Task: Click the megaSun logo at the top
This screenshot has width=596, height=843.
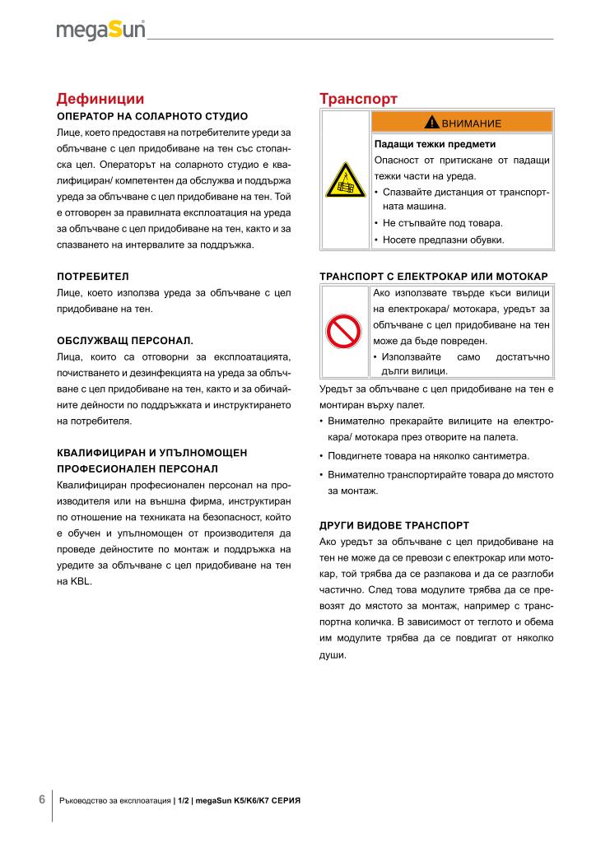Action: point(100,30)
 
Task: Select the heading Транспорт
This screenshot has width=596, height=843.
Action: point(358,99)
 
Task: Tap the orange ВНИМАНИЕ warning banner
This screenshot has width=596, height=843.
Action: point(461,122)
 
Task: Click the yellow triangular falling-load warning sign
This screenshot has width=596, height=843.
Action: point(345,180)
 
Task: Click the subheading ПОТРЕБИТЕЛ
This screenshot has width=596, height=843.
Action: point(93,275)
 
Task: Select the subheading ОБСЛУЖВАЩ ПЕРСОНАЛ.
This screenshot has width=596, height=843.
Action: point(124,340)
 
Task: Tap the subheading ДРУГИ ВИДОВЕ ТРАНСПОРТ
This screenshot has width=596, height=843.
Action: point(393,524)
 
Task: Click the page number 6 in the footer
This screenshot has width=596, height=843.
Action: point(42,799)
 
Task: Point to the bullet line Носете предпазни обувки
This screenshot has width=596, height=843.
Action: point(443,240)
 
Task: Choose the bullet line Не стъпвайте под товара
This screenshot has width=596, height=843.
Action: point(442,223)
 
